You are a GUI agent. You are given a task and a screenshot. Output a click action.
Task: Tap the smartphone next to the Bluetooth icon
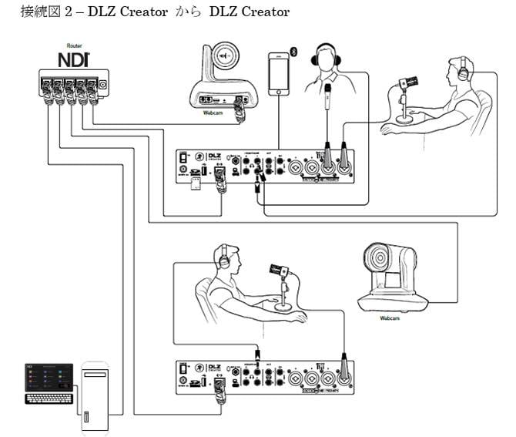tap(278, 74)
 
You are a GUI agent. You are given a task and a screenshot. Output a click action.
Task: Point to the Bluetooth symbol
tap(293, 52)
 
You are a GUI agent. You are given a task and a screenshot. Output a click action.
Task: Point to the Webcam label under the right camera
tap(392, 317)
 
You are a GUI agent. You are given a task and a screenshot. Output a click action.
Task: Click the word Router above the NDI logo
tap(75, 46)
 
